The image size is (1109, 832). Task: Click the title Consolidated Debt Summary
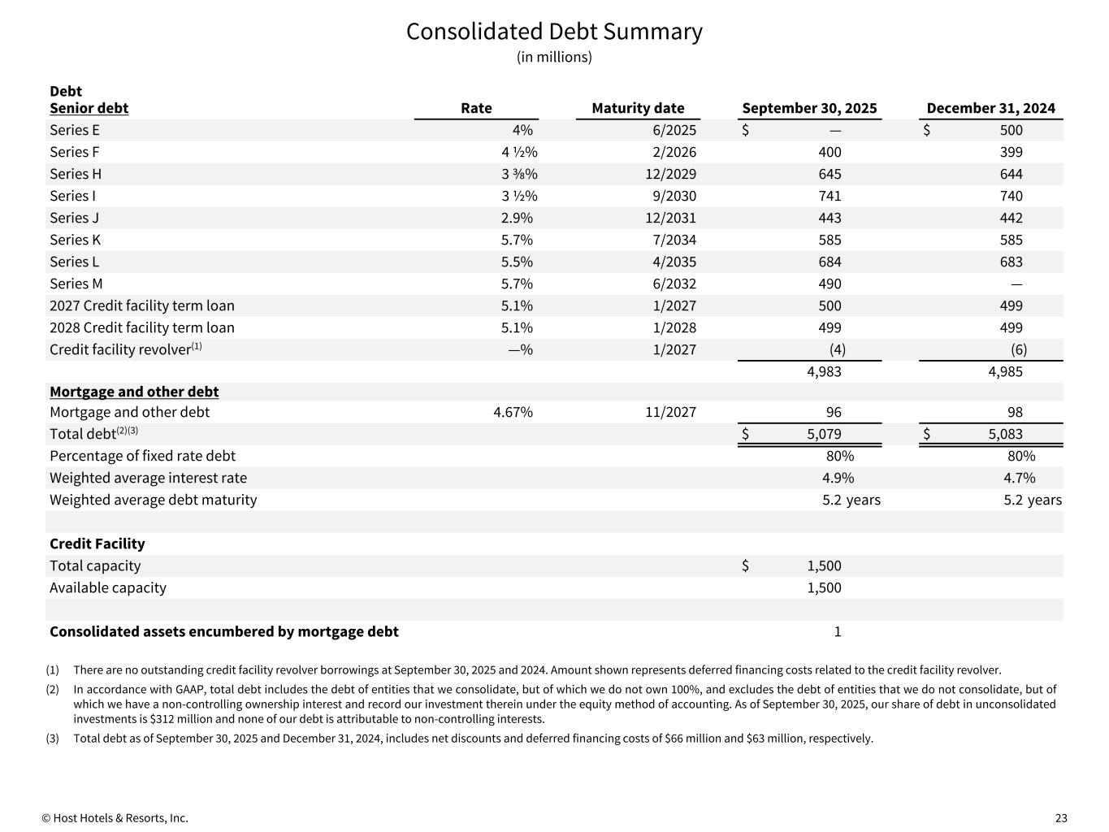coord(554,32)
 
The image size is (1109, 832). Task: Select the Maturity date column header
coord(638,108)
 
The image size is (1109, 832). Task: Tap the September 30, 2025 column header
coord(809,108)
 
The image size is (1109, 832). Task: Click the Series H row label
coord(76,174)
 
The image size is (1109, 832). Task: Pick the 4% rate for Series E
coord(522,130)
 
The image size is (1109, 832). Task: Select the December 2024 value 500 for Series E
coord(1011,130)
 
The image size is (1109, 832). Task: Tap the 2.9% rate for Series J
coord(517,218)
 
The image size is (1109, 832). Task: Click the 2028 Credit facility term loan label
coord(142,327)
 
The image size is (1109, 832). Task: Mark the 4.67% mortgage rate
coord(513,412)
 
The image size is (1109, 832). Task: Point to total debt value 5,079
coord(824,434)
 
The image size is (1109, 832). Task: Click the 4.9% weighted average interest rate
coord(838,478)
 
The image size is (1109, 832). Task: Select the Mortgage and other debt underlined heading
coord(134,392)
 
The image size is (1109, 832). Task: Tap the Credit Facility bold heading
coord(97,544)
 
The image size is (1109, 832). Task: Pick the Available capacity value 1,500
coord(824,587)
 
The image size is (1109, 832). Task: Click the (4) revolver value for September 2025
coord(837,349)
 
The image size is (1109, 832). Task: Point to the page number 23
coord(1061,818)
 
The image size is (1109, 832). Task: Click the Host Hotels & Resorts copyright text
coord(115,818)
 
